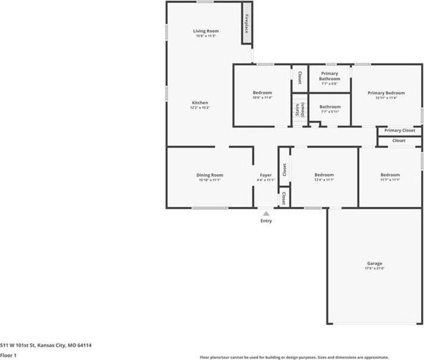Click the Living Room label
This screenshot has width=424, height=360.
point(206,31)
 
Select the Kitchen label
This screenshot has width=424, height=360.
point(200,103)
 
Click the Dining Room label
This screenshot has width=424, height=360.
point(210,175)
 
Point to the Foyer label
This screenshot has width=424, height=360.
point(266,175)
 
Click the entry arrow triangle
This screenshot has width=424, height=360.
point(266,213)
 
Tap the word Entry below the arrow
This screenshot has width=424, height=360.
point(266,222)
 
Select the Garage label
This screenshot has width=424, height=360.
point(375,263)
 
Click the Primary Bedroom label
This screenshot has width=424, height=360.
point(386,93)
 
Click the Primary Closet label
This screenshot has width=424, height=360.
point(400,131)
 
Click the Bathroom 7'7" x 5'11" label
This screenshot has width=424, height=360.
point(329,107)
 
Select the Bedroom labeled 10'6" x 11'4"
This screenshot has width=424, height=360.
point(262,93)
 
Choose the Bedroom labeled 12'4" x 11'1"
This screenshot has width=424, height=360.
point(324,175)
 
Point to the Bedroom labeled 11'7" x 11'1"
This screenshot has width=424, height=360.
point(390,175)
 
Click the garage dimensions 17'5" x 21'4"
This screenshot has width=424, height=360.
point(375,269)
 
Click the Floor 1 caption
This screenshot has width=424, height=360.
point(8,355)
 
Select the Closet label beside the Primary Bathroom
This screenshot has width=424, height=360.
point(300,77)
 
